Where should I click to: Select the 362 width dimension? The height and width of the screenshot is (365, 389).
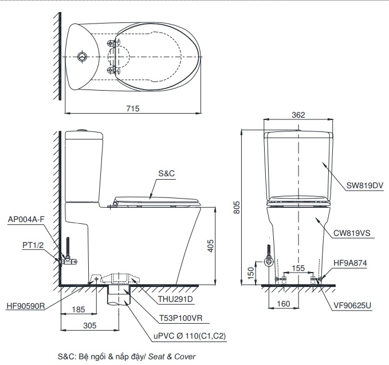(x=298, y=115)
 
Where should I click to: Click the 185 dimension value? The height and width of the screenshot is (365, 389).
(x=79, y=310)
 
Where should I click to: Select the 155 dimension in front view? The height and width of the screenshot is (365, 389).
(x=298, y=268)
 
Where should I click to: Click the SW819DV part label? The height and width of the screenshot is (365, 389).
(x=364, y=185)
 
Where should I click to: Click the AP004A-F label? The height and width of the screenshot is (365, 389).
(x=26, y=219)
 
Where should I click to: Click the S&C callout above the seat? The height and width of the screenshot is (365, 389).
(x=166, y=173)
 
